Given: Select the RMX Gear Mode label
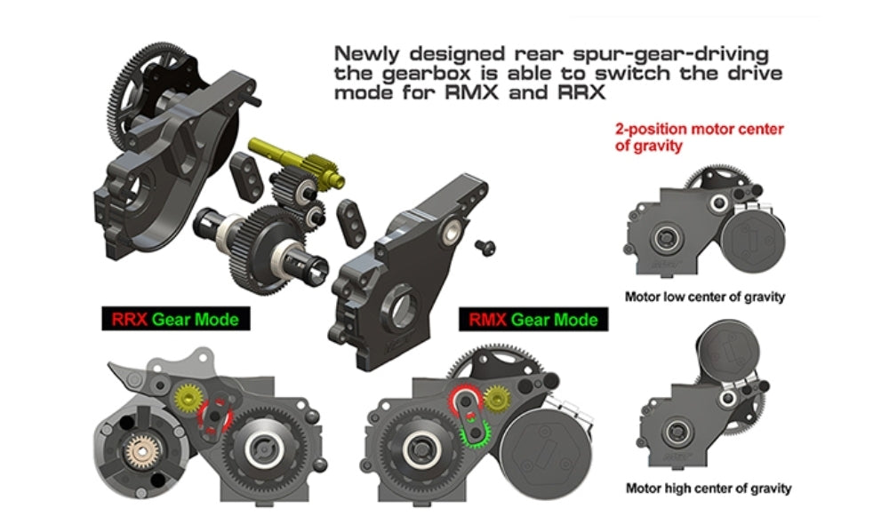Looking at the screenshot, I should click(x=529, y=319).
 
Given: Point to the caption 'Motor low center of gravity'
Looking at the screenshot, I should click(x=705, y=297).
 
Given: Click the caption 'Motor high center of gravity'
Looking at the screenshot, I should click(x=708, y=488).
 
